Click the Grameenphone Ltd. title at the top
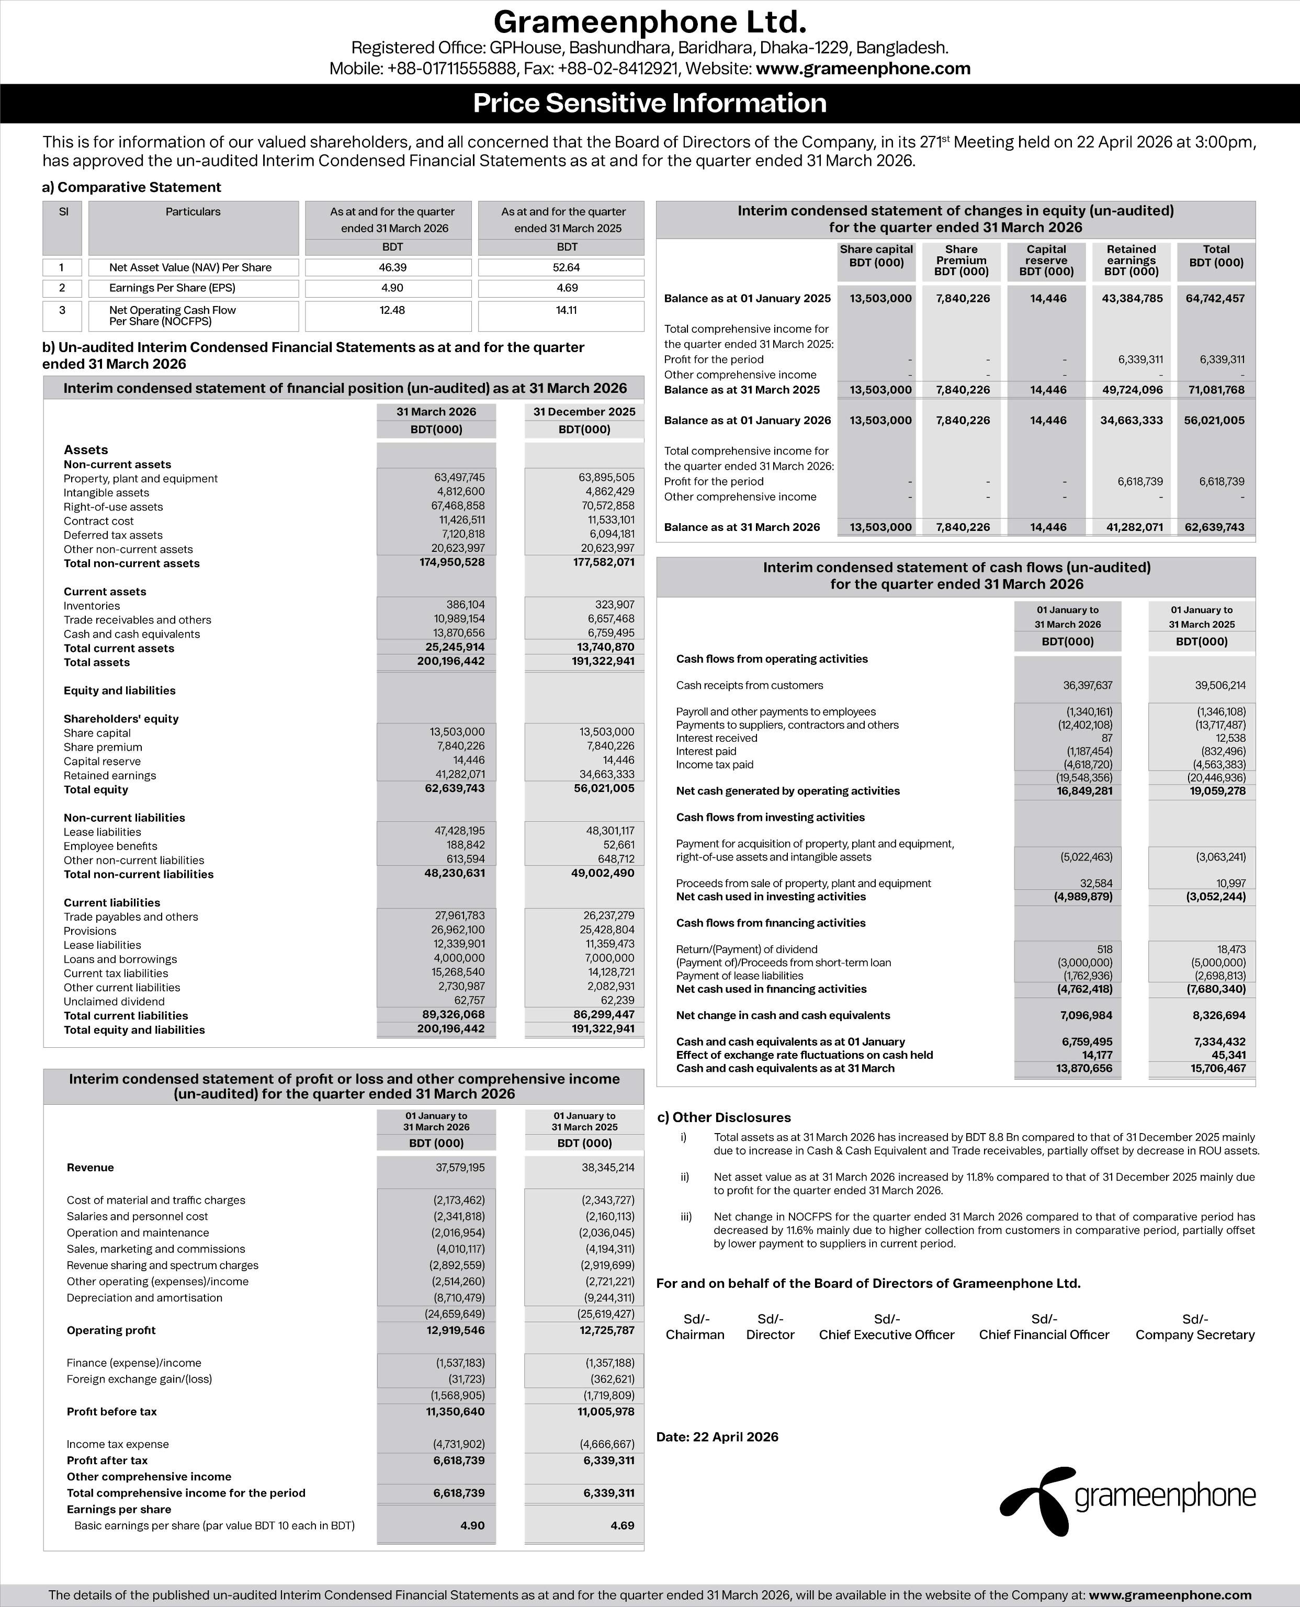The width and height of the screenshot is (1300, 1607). point(649,22)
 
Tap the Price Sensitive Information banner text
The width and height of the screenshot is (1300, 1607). point(649,104)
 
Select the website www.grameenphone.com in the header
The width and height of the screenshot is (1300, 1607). point(863,69)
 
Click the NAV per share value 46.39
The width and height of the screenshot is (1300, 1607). point(392,267)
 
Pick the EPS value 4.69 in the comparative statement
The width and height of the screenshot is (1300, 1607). point(567,288)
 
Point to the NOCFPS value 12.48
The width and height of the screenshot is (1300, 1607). point(392,310)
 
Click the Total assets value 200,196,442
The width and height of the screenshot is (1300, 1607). point(451,661)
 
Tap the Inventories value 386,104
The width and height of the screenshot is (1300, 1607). point(465,604)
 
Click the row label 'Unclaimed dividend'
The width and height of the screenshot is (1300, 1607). point(114,1001)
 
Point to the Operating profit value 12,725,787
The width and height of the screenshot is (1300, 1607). point(606,1330)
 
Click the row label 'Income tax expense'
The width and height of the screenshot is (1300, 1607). point(118,1444)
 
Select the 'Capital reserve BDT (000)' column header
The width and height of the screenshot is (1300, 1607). point(1046,260)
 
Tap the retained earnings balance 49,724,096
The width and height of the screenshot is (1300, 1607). point(1132,389)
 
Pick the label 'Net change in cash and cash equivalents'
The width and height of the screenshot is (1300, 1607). point(783,1015)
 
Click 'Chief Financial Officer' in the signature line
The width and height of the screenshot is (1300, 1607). point(1044,1334)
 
